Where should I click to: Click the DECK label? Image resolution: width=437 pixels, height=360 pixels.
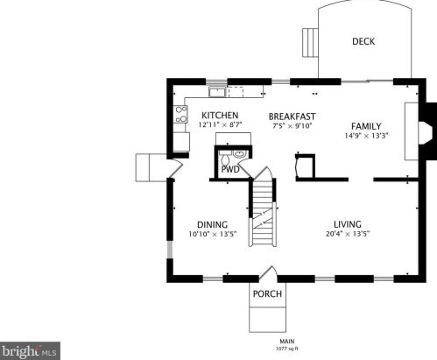[x=363, y=41]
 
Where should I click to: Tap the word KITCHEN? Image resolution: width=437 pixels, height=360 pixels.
[x=220, y=115]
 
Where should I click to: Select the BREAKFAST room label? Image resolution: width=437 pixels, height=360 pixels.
[x=292, y=116]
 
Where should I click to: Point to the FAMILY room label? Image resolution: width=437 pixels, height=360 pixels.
[x=366, y=126]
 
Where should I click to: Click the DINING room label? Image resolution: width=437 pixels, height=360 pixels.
[x=213, y=225]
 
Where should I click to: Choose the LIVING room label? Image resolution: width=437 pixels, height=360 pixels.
[x=348, y=224]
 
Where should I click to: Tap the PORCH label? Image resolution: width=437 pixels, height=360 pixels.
[x=267, y=293]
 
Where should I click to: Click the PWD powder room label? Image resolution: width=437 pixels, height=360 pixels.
[x=230, y=169]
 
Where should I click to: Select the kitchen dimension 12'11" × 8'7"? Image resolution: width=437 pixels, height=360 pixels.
[x=220, y=125]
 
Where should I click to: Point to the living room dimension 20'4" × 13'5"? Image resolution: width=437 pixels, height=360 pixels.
[x=348, y=234]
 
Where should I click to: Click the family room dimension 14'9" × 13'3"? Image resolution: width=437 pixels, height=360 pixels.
[x=366, y=136]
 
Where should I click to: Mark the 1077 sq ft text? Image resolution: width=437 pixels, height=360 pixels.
[x=287, y=349]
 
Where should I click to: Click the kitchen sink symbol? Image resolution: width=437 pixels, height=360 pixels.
[x=217, y=92]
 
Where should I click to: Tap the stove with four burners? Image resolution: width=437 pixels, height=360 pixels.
[x=180, y=114]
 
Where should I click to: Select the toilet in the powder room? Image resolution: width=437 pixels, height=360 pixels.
[x=225, y=158]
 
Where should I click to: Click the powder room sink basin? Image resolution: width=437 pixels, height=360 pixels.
[x=240, y=154]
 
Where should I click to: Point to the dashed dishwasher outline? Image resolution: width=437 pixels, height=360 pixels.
[x=236, y=92]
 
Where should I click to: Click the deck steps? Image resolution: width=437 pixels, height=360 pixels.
[x=310, y=43]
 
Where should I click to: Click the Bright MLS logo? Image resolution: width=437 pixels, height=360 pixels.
[x=30, y=351]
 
